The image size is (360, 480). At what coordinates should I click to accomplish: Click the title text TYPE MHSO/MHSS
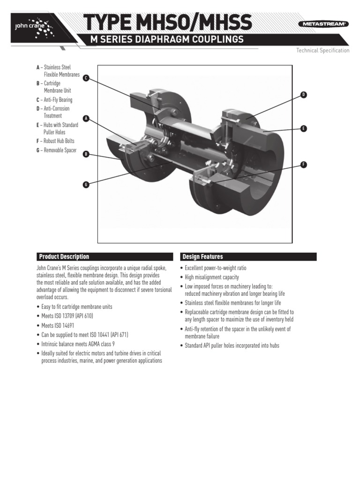point(167,22)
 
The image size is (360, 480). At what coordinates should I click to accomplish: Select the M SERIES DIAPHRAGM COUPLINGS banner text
point(167,40)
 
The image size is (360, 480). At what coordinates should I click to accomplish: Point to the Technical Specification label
point(322,51)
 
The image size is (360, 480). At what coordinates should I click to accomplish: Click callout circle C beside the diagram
point(86,78)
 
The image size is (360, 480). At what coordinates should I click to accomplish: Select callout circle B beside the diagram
point(86,154)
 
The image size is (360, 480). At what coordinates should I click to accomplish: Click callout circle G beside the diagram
point(86,185)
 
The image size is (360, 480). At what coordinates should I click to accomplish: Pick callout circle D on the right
point(303,95)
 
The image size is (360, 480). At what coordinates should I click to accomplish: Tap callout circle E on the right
point(303,128)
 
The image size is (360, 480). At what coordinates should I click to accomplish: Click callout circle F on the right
point(303,164)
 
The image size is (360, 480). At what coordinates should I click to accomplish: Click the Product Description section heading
point(64,257)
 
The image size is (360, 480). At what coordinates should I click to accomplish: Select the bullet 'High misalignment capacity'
point(215,277)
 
